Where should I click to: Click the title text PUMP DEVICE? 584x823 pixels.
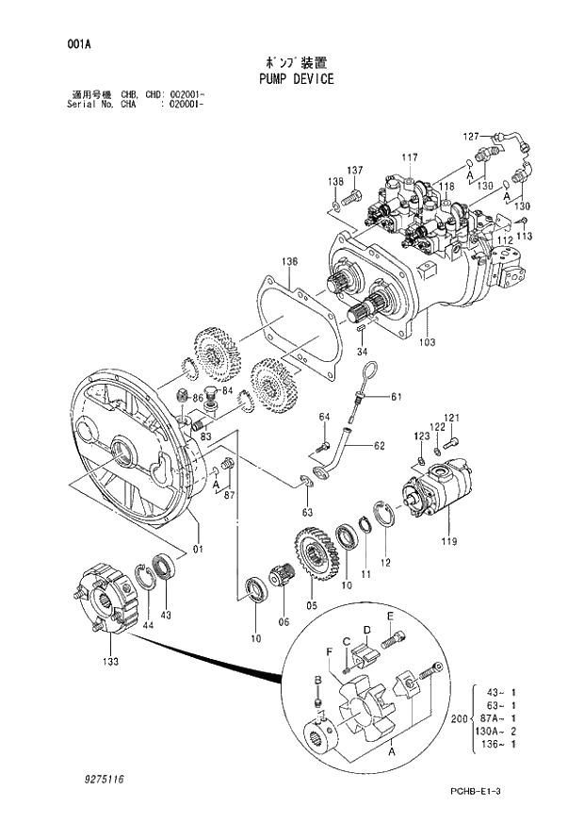[x=296, y=79]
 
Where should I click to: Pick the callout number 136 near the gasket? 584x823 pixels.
[x=289, y=261]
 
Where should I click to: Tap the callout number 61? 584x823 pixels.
[x=396, y=396]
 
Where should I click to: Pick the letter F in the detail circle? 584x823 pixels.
[x=329, y=651]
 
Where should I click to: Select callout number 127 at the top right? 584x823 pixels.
[x=471, y=136]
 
